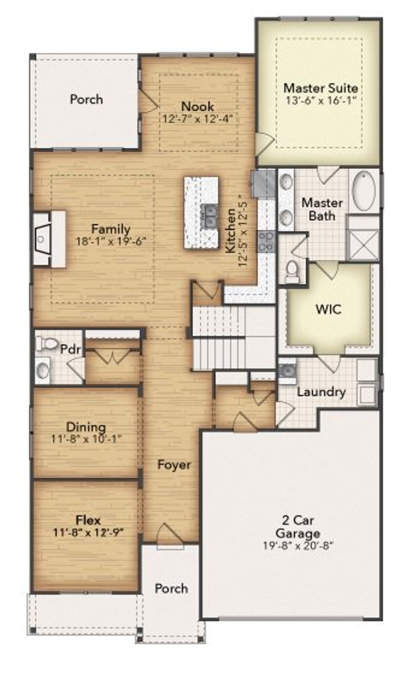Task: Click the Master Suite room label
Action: point(320,88)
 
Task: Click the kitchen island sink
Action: point(209,215)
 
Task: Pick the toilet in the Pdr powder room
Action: point(46,343)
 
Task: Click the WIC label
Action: point(329,309)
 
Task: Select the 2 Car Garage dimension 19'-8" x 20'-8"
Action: point(297,545)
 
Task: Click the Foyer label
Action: point(174,465)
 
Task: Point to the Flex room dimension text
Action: point(88,532)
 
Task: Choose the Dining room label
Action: point(86,427)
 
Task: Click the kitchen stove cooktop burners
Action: point(267,242)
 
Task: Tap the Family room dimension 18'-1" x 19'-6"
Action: point(111,242)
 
